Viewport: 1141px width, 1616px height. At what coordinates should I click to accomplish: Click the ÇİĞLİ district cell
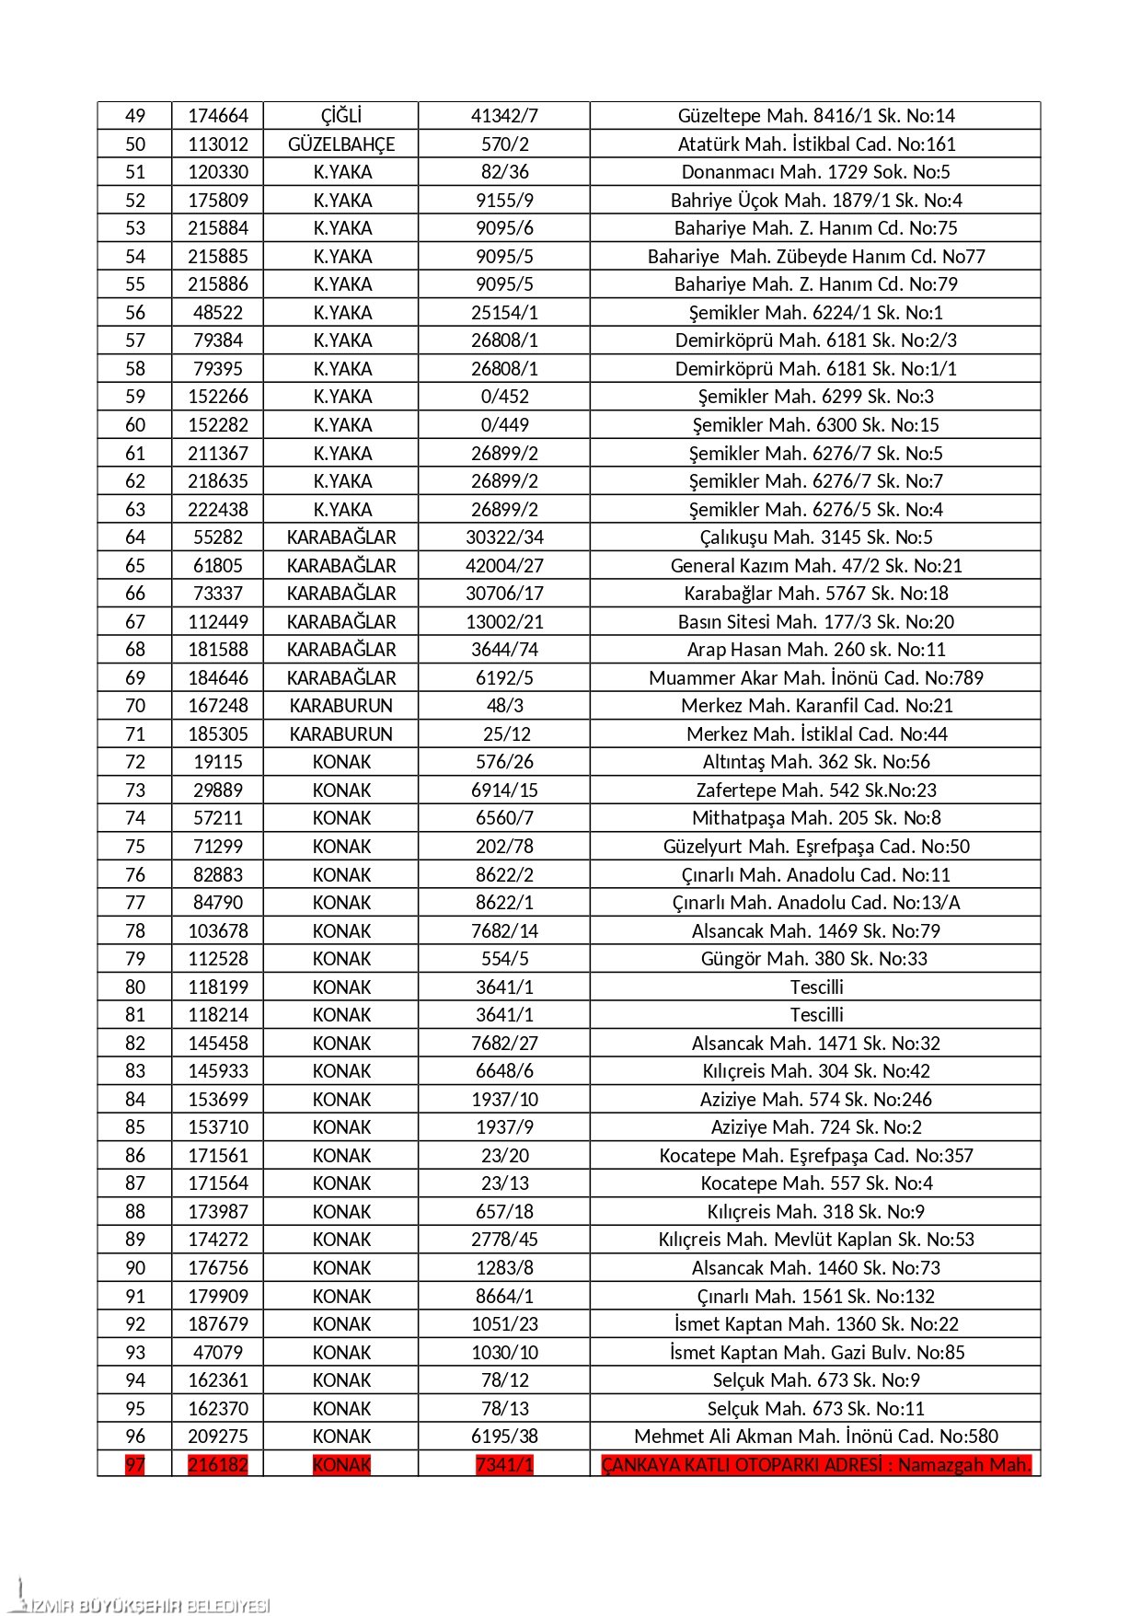coord(340,116)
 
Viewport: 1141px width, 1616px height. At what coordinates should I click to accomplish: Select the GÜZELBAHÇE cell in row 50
coord(340,144)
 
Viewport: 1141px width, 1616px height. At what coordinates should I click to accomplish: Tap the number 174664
coord(218,116)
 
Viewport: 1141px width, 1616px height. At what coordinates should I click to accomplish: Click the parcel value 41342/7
coord(504,116)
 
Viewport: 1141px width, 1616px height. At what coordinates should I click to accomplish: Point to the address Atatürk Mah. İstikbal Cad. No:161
coord(816,144)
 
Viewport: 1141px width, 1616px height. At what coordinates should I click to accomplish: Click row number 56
coord(135,313)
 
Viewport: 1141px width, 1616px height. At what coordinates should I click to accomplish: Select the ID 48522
coord(218,313)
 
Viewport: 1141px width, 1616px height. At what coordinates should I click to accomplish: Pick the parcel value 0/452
coord(504,397)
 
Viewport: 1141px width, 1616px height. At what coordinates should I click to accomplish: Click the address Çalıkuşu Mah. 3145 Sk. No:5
coord(816,537)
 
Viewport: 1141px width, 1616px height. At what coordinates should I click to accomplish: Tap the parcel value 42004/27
coord(504,566)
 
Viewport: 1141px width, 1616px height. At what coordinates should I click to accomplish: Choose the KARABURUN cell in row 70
coord(340,706)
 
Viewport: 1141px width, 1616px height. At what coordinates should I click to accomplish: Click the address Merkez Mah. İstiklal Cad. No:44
coord(816,734)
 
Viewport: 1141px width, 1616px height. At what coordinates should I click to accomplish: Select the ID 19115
coord(218,762)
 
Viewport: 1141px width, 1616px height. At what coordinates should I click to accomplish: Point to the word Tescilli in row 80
coord(816,987)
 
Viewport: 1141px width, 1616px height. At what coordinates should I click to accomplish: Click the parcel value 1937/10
coord(504,1100)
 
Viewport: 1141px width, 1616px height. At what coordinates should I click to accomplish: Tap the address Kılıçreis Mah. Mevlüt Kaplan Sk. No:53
coord(816,1240)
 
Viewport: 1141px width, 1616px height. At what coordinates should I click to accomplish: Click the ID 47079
coord(218,1353)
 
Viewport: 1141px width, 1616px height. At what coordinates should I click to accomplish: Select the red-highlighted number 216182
coord(218,1465)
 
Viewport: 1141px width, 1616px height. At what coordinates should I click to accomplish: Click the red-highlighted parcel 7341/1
coord(504,1465)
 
